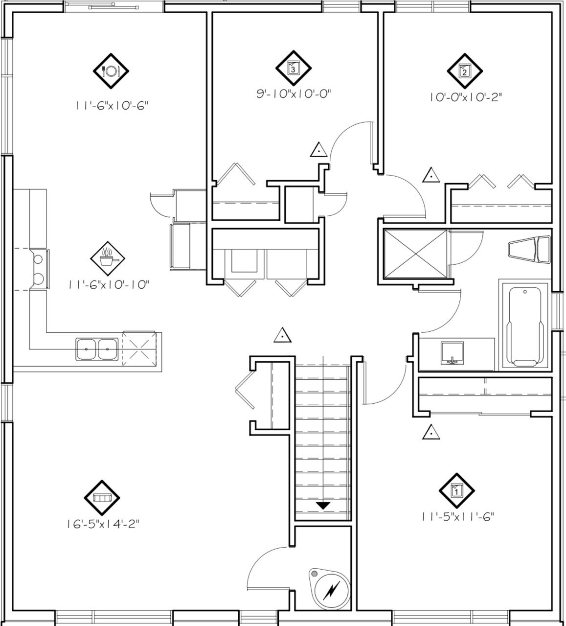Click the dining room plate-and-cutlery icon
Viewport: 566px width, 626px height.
[111, 71]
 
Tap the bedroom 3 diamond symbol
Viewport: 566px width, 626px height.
[294, 68]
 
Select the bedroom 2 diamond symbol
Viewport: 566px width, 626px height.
[465, 71]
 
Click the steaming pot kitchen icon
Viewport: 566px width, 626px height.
[108, 258]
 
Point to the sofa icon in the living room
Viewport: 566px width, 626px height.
[102, 498]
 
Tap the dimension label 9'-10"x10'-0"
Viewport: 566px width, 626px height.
[294, 93]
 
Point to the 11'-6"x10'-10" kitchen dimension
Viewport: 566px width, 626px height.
[109, 284]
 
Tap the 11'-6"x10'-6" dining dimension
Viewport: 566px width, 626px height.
[111, 106]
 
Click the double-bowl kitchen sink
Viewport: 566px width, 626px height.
[97, 349]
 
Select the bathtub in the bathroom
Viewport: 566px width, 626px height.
[525, 326]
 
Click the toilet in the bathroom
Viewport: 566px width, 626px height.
[529, 250]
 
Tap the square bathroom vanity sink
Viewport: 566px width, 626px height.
[452, 353]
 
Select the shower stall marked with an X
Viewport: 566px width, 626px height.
[415, 254]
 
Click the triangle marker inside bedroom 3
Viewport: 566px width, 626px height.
[319, 150]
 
